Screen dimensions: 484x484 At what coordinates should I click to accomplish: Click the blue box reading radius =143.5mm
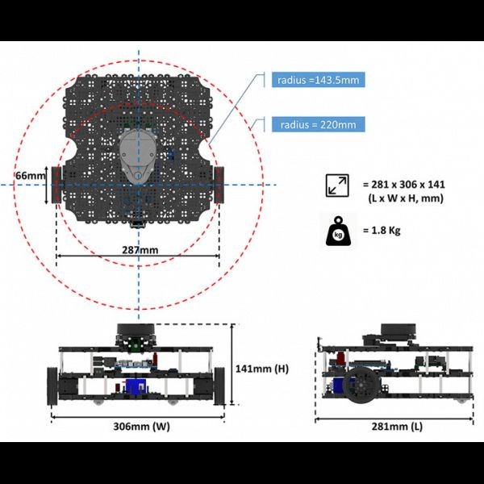(x=319, y=80)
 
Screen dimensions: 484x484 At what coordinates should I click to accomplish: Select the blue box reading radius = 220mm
(x=319, y=124)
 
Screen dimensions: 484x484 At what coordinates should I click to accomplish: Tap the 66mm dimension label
(x=31, y=176)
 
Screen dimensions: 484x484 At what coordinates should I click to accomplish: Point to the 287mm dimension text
(x=140, y=250)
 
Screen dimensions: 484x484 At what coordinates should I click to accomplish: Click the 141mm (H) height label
(x=262, y=369)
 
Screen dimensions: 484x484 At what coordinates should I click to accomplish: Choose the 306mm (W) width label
(x=142, y=426)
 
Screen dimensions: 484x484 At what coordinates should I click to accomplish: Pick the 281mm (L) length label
(x=397, y=426)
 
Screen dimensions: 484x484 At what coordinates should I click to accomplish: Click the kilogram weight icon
(x=338, y=231)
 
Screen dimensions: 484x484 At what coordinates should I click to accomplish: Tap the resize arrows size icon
(x=337, y=186)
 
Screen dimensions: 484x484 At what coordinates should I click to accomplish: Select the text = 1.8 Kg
(x=382, y=230)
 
